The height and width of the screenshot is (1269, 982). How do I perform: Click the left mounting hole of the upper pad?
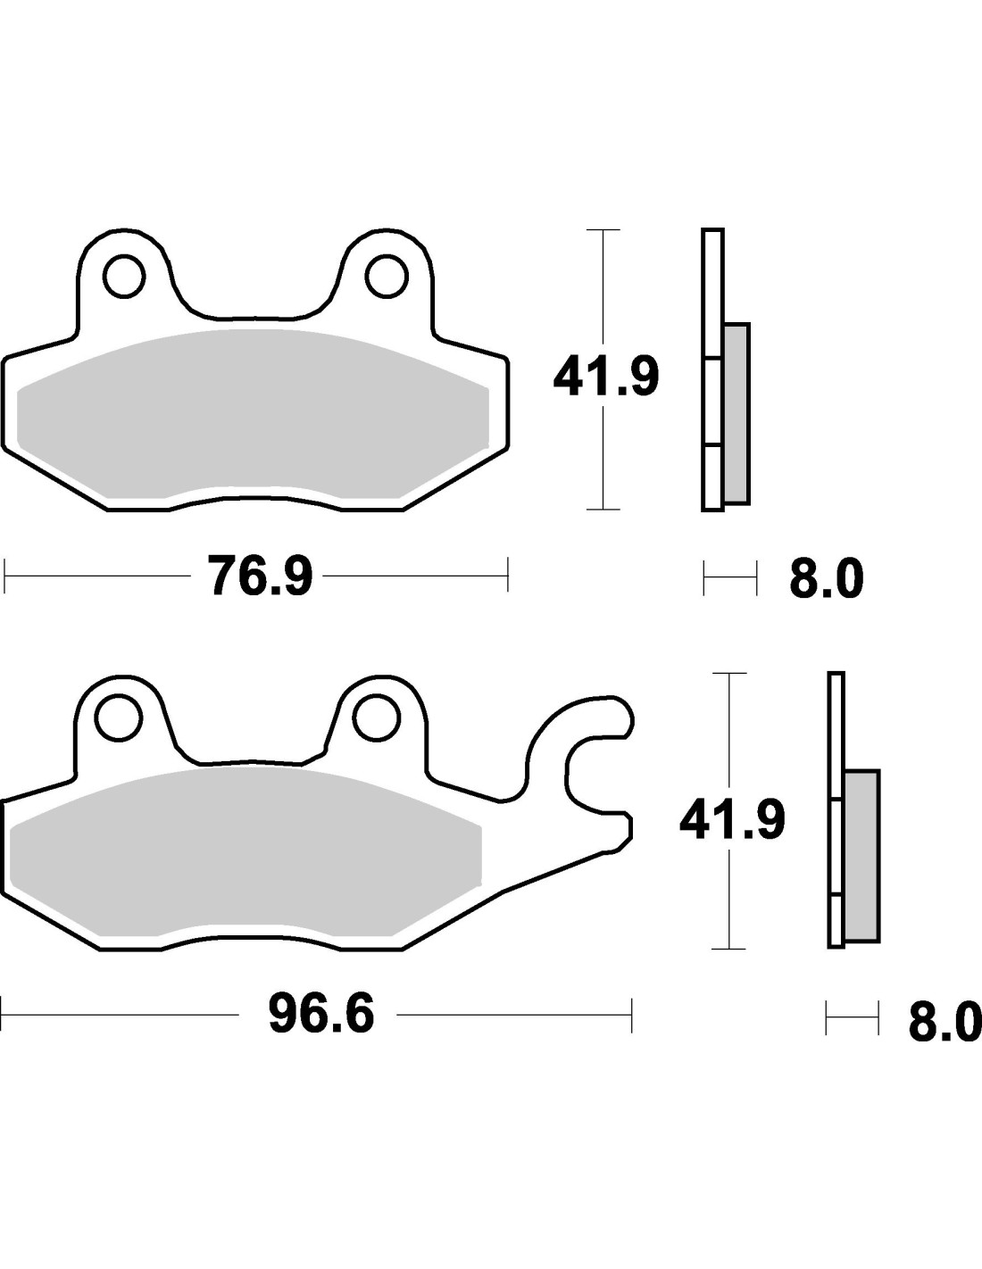(124, 276)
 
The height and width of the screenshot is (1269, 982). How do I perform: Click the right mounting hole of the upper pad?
(387, 276)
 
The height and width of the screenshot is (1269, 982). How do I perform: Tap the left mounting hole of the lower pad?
(119, 717)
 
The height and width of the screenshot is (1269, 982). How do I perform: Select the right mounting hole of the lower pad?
(377, 717)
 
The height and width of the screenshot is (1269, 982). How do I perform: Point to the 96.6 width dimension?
(320, 1016)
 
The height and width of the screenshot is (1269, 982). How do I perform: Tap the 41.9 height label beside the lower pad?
(732, 819)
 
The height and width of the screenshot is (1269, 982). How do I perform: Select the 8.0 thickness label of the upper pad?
(826, 579)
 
